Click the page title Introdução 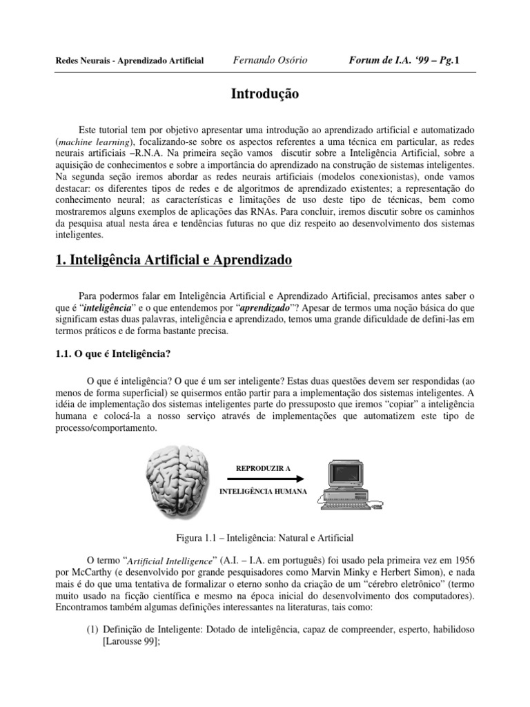point(264,95)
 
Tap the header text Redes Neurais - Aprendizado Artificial point(129,61)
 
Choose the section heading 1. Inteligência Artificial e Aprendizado point(173,260)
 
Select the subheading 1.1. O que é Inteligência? point(112,353)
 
